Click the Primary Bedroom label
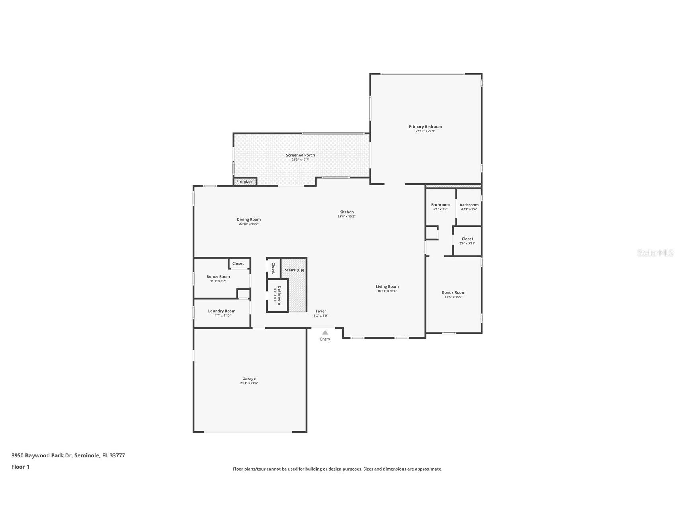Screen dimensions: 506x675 425,127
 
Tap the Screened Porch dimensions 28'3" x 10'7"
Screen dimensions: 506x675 300,160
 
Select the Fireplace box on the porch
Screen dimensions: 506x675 245,182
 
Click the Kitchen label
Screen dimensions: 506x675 346,212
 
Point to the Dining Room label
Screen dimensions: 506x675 249,220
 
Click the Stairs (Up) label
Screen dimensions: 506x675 294,270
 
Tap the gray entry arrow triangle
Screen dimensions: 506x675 325,332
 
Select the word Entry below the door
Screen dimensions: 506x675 325,339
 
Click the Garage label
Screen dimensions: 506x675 249,379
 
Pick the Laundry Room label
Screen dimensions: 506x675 222,311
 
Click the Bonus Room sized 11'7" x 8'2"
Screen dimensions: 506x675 218,277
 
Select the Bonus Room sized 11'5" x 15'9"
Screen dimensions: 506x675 453,292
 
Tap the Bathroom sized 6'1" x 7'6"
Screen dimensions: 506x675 440,205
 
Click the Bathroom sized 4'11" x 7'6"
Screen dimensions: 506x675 469,205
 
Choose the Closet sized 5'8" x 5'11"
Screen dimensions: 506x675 467,239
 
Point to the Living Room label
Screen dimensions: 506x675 387,286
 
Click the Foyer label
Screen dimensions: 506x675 321,311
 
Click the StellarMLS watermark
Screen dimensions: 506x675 655,253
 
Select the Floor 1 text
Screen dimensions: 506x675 20,467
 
